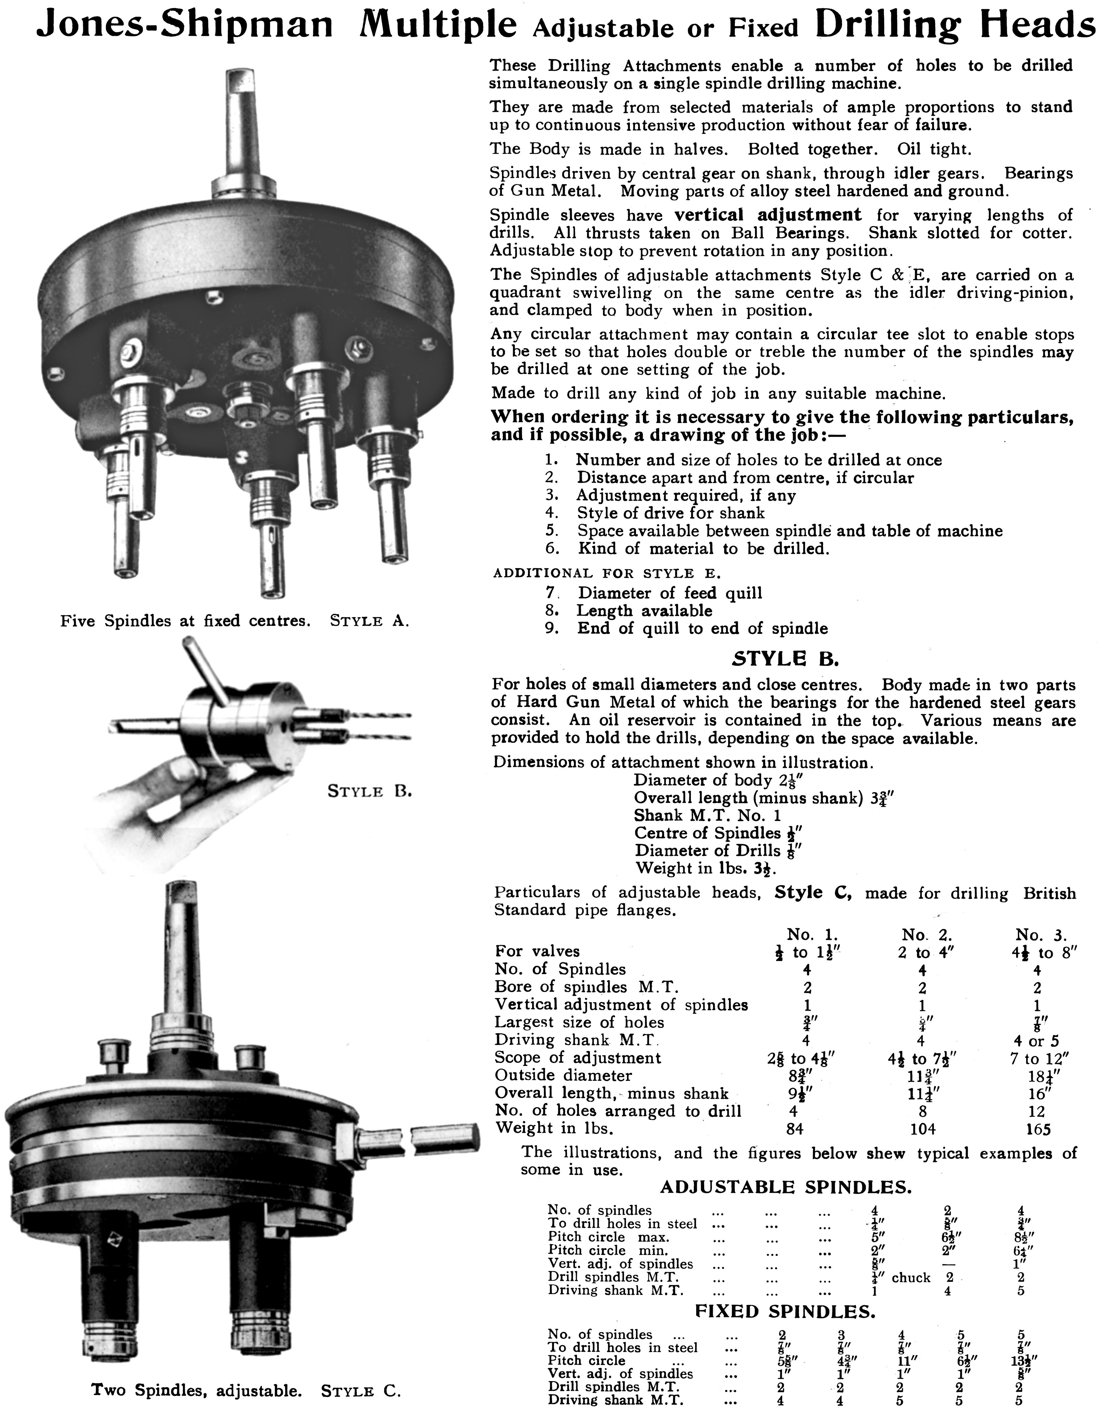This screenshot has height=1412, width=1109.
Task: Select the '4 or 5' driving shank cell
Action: click(x=1037, y=1041)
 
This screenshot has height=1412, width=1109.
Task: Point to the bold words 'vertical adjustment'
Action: click(x=767, y=215)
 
